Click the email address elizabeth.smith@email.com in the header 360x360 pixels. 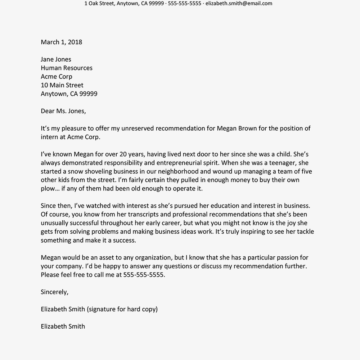click(239, 4)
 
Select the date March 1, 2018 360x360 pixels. click(62, 42)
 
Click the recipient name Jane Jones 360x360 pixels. click(56, 59)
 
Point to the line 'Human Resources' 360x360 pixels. click(67, 68)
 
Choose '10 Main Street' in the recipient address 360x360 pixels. click(62, 85)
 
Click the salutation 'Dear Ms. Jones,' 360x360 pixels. click(63, 111)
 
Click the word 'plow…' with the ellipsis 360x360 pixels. click(50, 188)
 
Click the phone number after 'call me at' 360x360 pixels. click(144, 275)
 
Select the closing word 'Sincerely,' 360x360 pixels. click(54, 292)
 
